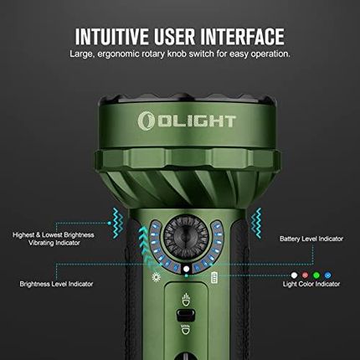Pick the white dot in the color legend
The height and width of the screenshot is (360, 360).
(x=294, y=274)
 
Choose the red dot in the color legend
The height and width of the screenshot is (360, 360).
(x=305, y=274)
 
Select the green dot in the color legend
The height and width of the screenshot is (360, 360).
(x=316, y=274)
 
